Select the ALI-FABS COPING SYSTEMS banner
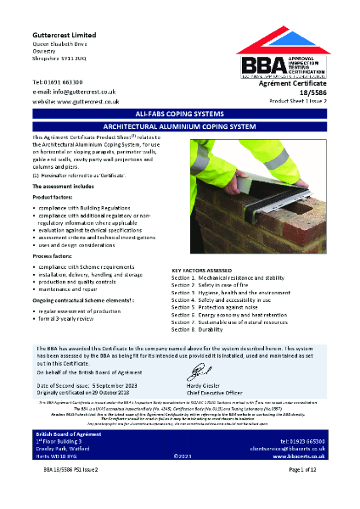(179, 113)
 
